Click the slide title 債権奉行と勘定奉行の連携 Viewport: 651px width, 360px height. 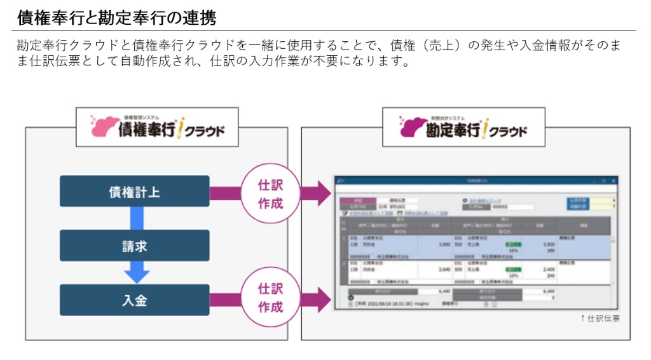pyautogui.click(x=117, y=18)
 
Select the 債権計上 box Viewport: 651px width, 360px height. pyautogui.click(x=134, y=191)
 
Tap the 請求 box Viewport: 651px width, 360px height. pyautogui.click(x=134, y=246)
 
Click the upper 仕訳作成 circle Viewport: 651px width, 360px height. pyautogui.click(x=270, y=195)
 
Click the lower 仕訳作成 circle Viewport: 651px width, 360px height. pyautogui.click(x=270, y=298)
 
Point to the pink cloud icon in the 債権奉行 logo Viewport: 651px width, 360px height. pyautogui.click(x=104, y=126)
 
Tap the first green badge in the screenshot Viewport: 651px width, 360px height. pyautogui.click(x=512, y=244)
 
